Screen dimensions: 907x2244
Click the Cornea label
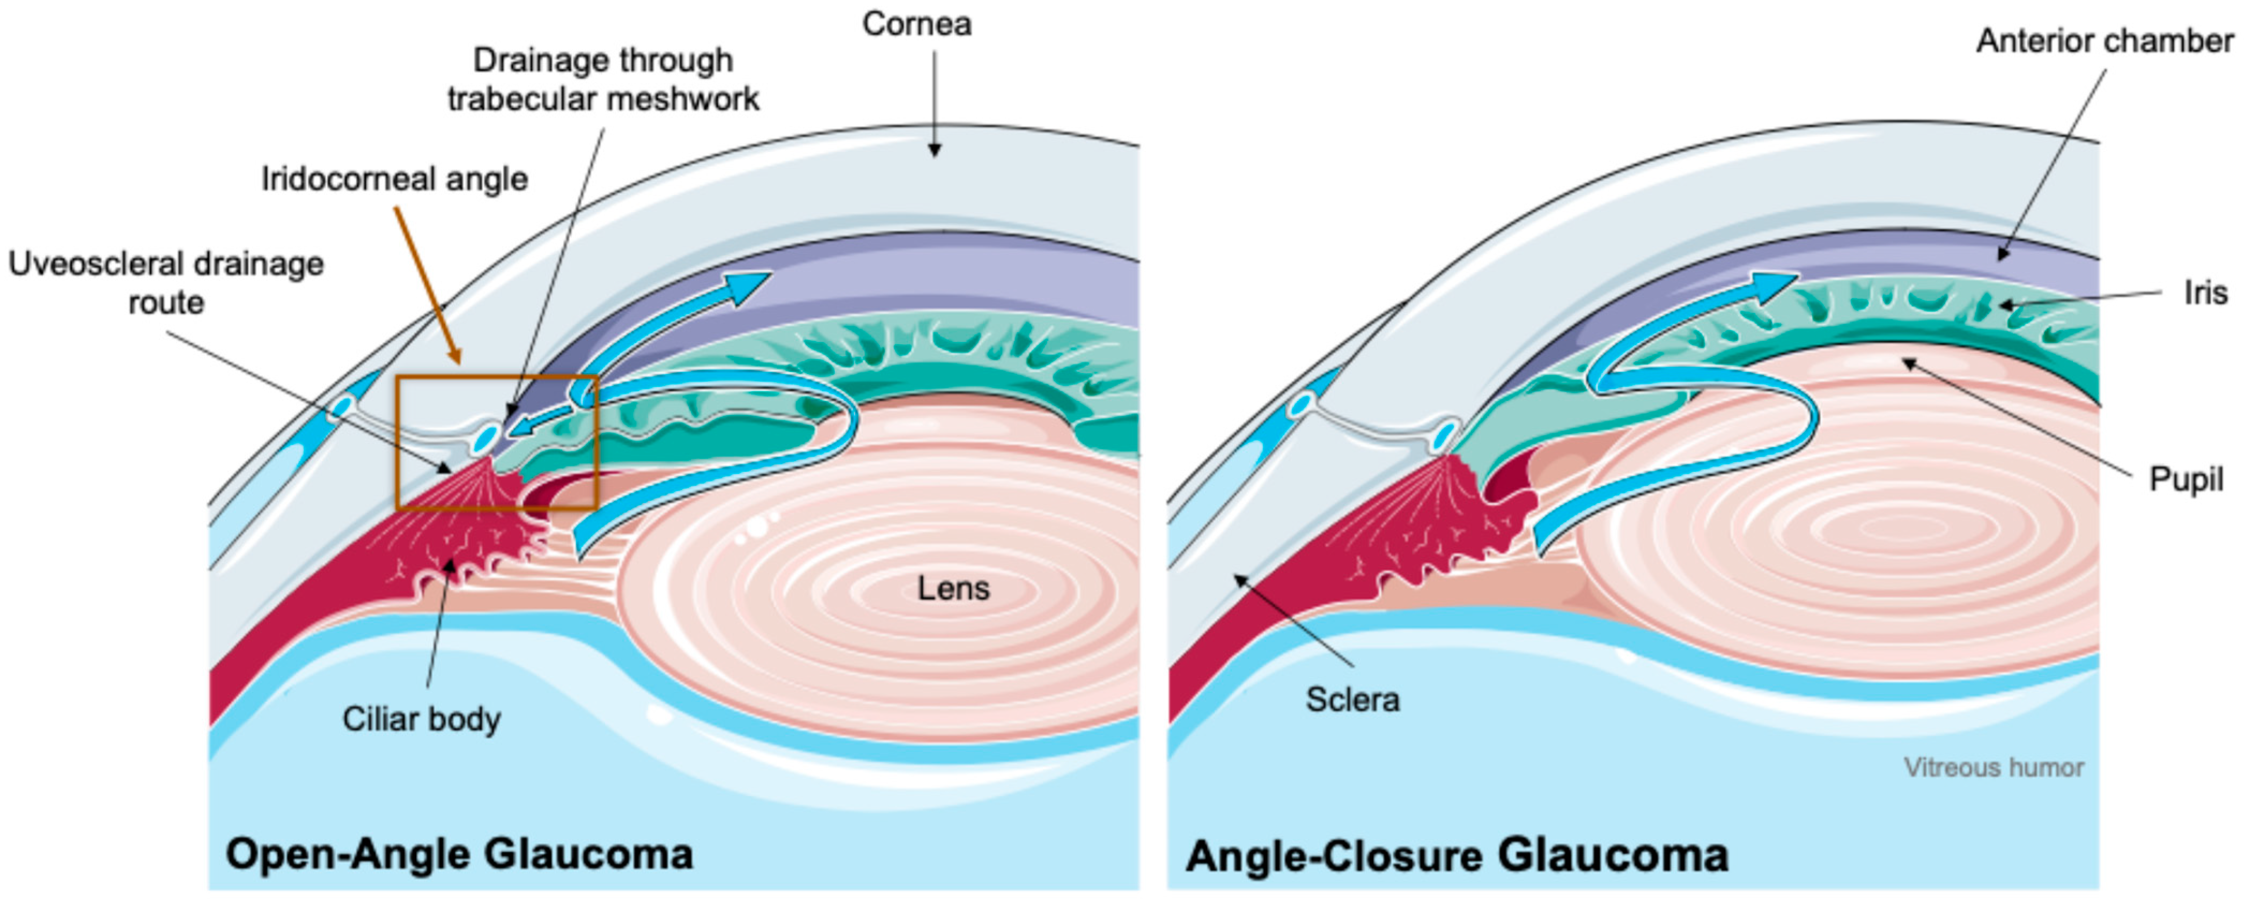(x=916, y=24)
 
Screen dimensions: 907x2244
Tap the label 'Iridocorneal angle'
(x=395, y=179)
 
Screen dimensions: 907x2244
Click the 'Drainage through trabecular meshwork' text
(x=603, y=80)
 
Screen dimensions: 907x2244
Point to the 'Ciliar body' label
(x=422, y=720)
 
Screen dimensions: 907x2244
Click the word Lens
(x=953, y=589)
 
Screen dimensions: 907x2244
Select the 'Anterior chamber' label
(x=2104, y=41)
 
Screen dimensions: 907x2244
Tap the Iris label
(x=2205, y=292)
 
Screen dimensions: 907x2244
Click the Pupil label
(x=2186, y=479)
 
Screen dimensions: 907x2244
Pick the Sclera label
(x=1352, y=700)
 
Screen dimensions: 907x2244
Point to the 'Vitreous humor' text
(x=1993, y=767)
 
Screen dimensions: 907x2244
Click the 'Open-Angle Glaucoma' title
(x=459, y=854)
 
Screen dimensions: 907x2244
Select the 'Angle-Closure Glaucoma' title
(x=1456, y=855)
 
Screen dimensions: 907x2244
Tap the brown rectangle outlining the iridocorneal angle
(x=497, y=377)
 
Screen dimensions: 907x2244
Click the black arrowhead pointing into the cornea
(x=935, y=150)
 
